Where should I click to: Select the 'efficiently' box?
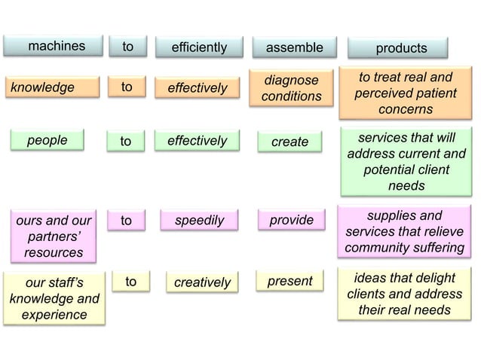pyautogui.click(x=198, y=47)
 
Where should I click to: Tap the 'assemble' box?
pyautogui.click(x=294, y=47)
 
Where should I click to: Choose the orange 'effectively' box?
pyautogui.click(x=198, y=88)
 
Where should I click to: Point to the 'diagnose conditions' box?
pyautogui.click(x=291, y=88)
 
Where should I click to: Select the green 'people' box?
pyautogui.click(x=47, y=141)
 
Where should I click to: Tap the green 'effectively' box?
pyautogui.click(x=198, y=141)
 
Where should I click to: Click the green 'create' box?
pyautogui.click(x=290, y=142)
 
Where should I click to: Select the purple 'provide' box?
pyautogui.click(x=291, y=221)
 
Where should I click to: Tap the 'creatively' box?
pyautogui.click(x=202, y=282)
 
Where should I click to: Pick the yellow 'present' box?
pyautogui.click(x=290, y=282)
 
